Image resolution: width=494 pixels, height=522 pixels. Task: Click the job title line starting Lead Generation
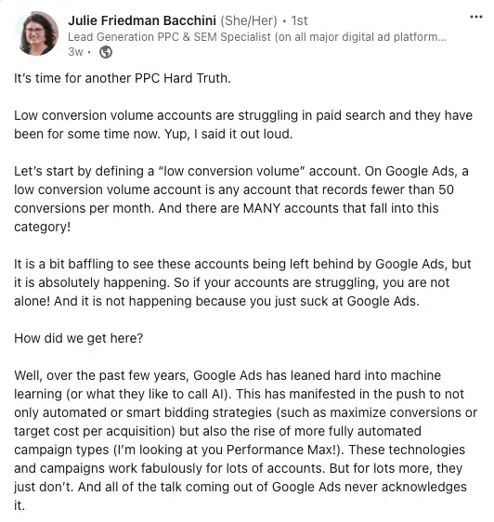257,36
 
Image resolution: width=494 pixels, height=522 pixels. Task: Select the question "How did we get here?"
79,338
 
